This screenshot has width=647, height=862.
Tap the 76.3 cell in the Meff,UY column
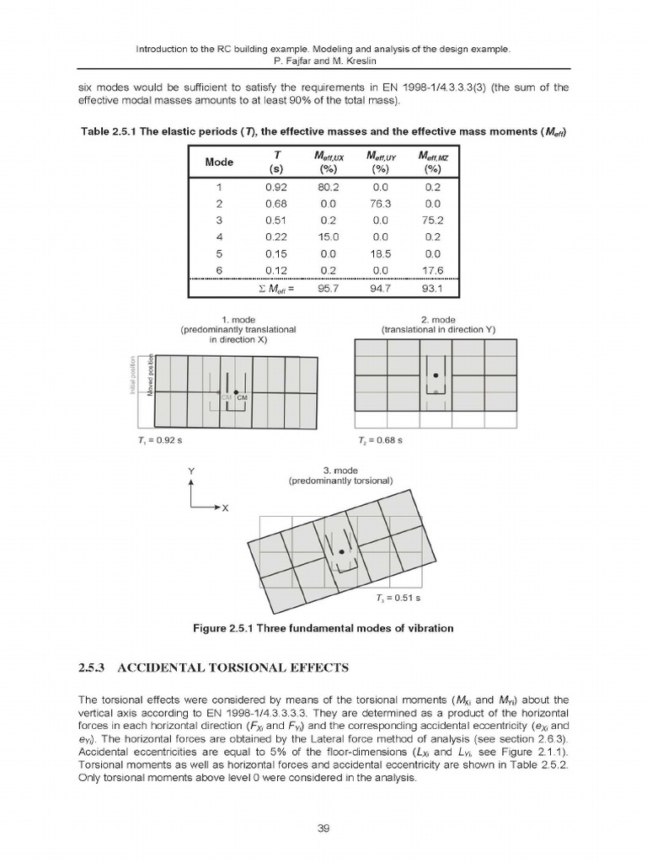tap(381, 204)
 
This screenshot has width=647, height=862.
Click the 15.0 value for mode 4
tap(328, 237)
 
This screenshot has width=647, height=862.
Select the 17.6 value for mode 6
tap(433, 269)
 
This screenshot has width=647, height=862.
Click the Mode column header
tap(220, 162)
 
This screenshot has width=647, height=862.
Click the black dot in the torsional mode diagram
tap(341, 551)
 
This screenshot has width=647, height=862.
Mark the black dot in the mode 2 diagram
tap(436, 375)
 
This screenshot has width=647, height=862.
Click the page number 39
tap(323, 827)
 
